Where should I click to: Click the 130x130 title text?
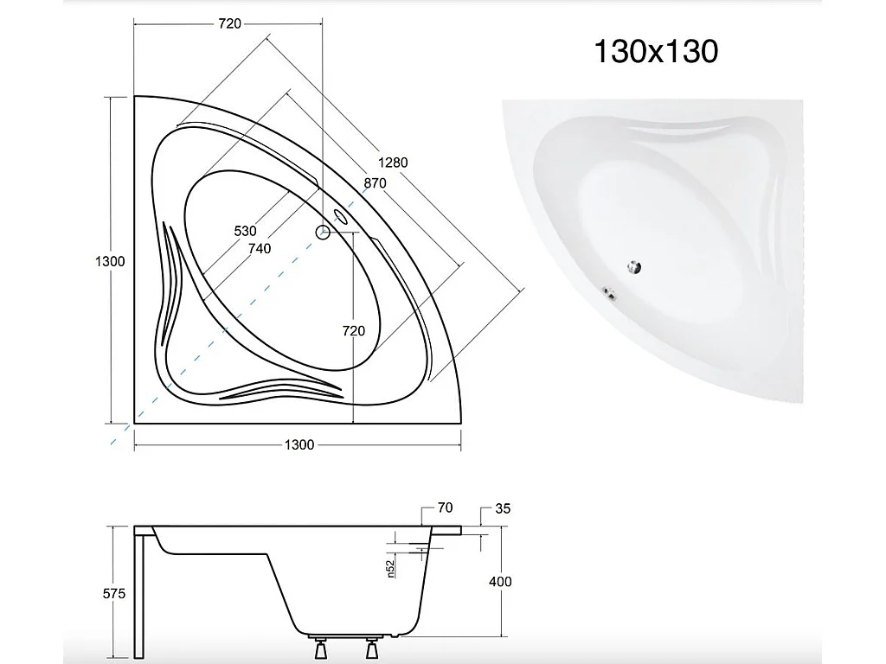point(655,52)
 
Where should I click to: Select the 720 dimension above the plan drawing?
point(228,24)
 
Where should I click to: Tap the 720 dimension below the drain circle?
point(353,330)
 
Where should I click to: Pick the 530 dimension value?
point(245,231)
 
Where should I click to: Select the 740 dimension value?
point(259,249)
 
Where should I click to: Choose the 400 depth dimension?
point(499,581)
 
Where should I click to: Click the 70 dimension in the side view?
point(446,508)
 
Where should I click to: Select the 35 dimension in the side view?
point(502,508)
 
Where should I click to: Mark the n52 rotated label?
point(390,567)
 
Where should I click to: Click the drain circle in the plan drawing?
point(322,232)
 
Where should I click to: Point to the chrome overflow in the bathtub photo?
point(611,294)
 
